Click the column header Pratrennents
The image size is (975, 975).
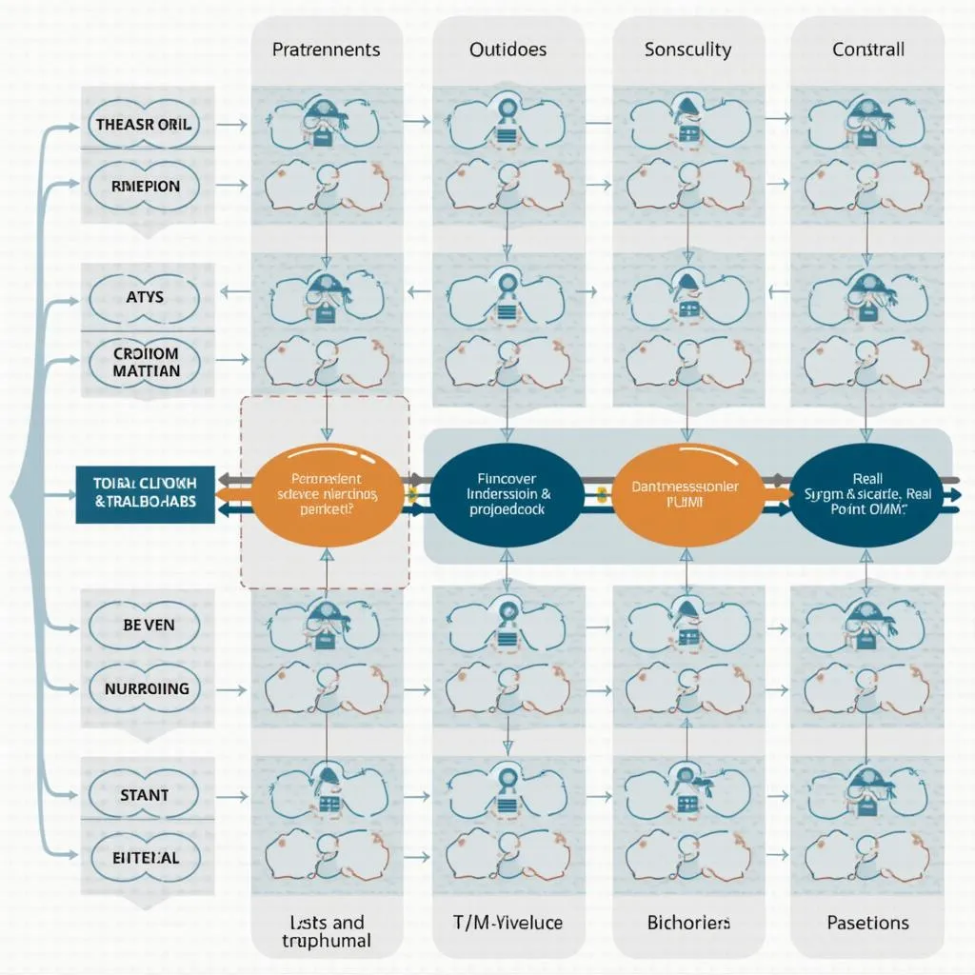pyautogui.click(x=326, y=50)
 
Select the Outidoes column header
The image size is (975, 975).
pyautogui.click(x=507, y=50)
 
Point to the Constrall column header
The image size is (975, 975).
pyautogui.click(x=867, y=50)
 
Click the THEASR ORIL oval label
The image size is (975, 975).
pyautogui.click(x=144, y=124)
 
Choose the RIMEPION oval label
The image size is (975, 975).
pyautogui.click(x=144, y=187)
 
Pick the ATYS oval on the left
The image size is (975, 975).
pyautogui.click(x=144, y=297)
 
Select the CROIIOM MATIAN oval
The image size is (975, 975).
pyautogui.click(x=144, y=361)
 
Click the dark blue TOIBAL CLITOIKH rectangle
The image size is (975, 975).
pyautogui.click(x=146, y=494)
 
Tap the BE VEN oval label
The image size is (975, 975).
pyautogui.click(x=144, y=625)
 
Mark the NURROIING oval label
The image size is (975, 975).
pyautogui.click(x=144, y=687)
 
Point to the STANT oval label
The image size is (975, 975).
pyautogui.click(x=144, y=794)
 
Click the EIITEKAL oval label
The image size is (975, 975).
pyautogui.click(x=144, y=858)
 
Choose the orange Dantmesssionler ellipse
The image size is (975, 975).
pyautogui.click(x=686, y=494)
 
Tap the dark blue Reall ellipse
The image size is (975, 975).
pyautogui.click(x=867, y=494)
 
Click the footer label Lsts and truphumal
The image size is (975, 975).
pyautogui.click(x=326, y=930)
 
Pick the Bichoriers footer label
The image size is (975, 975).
pyautogui.click(x=688, y=923)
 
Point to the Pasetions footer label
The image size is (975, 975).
pyautogui.click(x=866, y=923)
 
